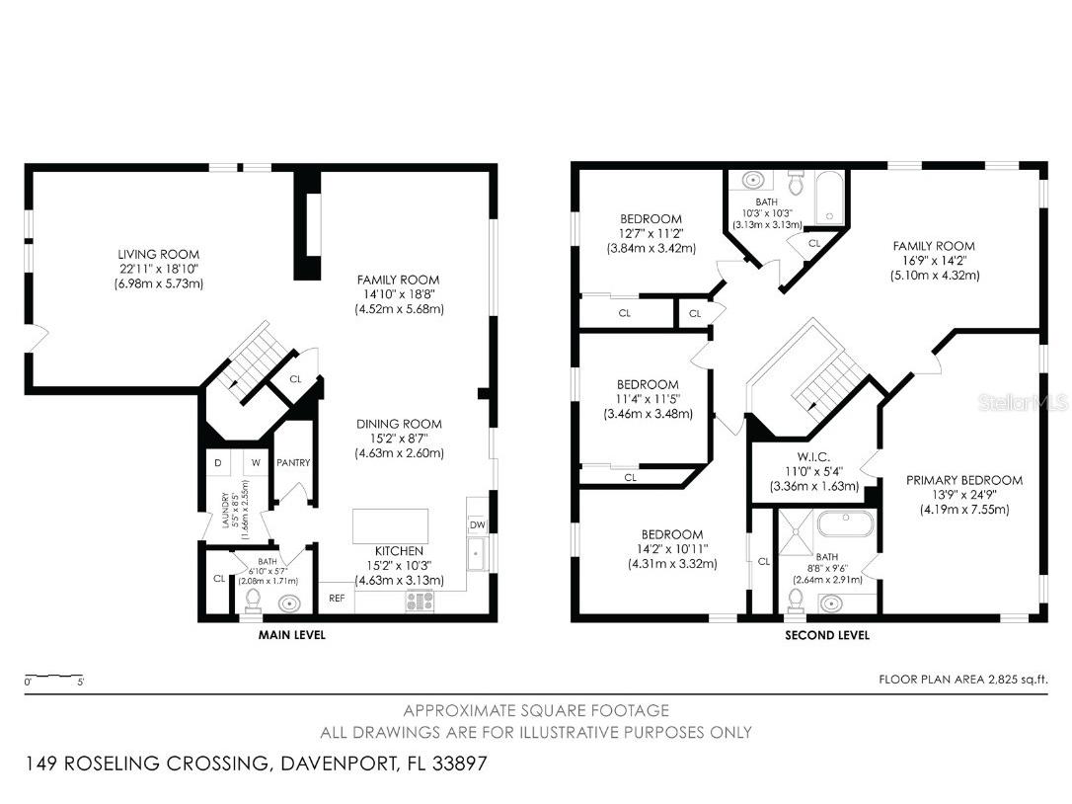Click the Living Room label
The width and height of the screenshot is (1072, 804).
point(159,254)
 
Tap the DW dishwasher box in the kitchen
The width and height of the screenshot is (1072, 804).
point(477,524)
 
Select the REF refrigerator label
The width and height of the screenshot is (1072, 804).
point(337,598)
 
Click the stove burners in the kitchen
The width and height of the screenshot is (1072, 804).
point(420,602)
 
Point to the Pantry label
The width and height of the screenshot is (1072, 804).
point(293,462)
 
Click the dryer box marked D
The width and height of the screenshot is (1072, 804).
point(218,462)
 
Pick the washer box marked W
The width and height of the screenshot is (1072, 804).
point(256,462)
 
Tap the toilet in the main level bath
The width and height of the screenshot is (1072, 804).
point(253,601)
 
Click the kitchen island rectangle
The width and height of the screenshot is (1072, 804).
point(390,525)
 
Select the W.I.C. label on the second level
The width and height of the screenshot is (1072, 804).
point(813,457)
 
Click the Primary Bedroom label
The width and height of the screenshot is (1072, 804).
point(964,480)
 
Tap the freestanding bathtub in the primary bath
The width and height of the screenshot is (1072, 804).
point(845,523)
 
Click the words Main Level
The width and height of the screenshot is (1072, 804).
point(292,635)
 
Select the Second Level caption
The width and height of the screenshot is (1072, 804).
point(827,635)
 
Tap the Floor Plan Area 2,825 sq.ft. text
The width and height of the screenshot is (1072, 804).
point(962,680)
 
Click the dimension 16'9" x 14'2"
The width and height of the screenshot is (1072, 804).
point(934,261)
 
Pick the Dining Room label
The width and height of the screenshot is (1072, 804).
point(399,424)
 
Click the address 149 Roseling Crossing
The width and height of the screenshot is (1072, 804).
point(146,763)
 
